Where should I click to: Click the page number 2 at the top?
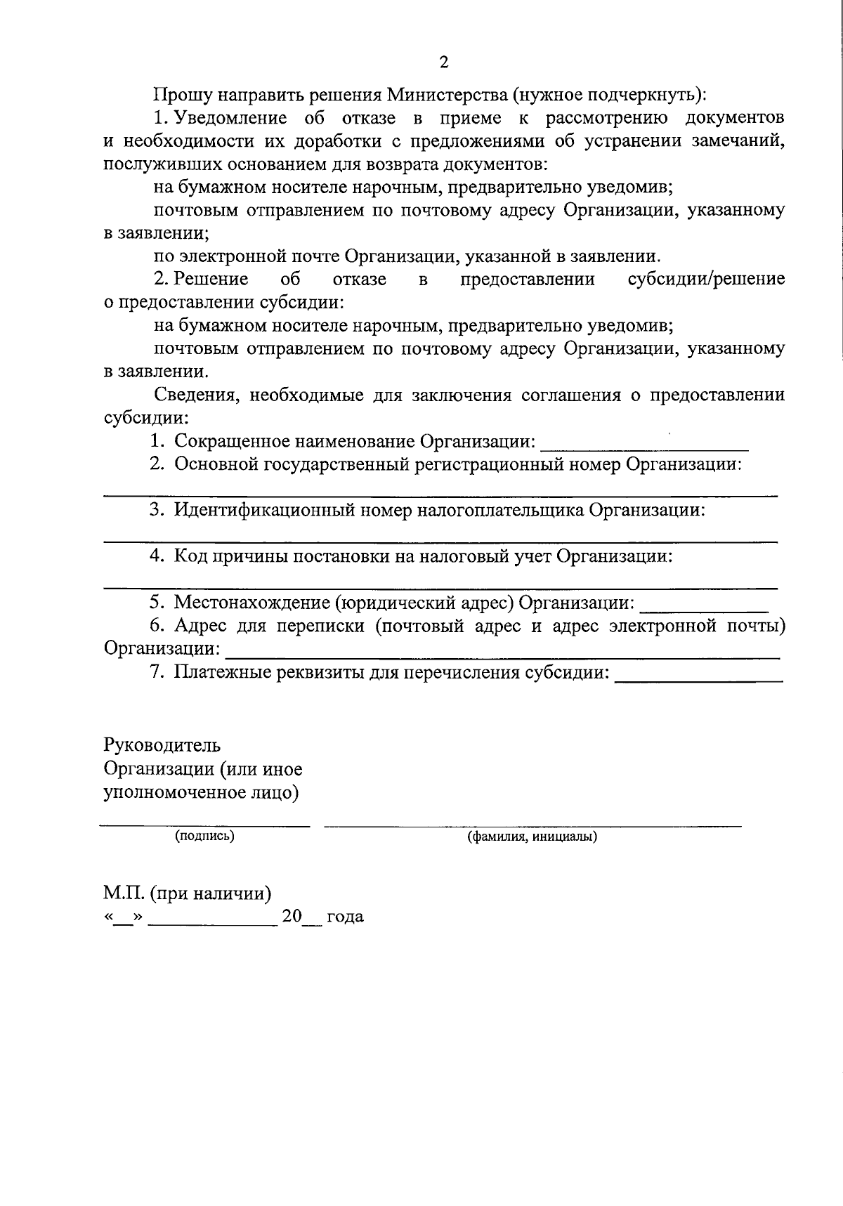443,63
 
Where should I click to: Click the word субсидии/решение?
705,280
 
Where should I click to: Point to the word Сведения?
194,395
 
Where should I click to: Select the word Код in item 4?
189,557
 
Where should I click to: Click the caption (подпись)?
204,836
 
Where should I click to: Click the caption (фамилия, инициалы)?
532,837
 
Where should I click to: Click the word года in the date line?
344,917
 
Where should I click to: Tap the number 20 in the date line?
291,917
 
